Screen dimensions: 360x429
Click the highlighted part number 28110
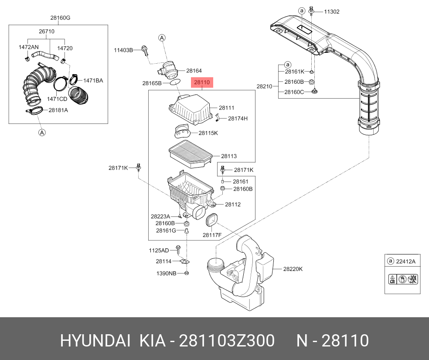pos(202,82)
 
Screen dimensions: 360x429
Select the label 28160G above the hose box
pos(60,18)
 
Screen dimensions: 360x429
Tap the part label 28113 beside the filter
pos(228,156)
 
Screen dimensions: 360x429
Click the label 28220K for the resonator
pos(293,269)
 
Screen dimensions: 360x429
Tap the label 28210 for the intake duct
pos(264,86)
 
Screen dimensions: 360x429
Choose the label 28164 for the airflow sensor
pos(194,71)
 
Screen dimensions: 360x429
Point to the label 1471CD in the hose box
pos(57,99)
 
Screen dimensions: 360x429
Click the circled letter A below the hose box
pos(42,133)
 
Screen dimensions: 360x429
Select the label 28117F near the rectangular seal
pos(212,235)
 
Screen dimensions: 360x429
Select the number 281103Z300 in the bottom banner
pos(227,340)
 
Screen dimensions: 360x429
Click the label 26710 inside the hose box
pos(47,31)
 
